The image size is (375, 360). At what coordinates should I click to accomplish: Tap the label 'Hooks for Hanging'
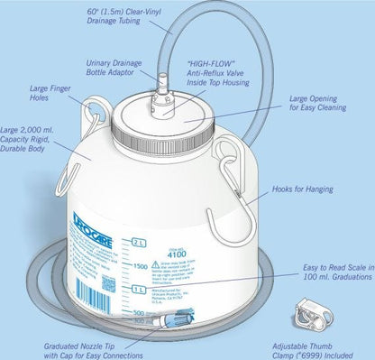(306, 189)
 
